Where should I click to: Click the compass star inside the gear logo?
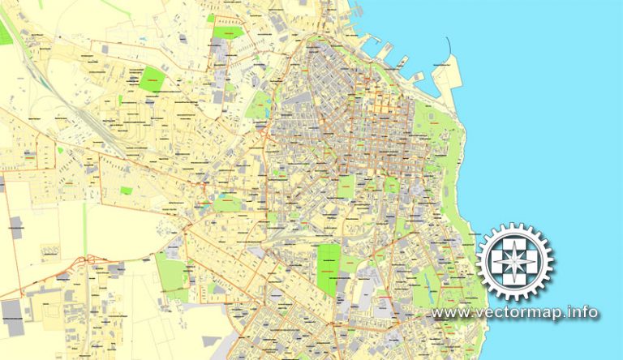[514, 262]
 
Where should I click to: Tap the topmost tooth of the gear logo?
[514, 226]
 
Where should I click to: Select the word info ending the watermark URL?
[583, 313]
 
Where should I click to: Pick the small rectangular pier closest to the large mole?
[418, 77]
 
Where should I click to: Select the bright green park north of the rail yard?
[151, 79]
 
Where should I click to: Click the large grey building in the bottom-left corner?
[12, 310]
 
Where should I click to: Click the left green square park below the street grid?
[346, 186]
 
